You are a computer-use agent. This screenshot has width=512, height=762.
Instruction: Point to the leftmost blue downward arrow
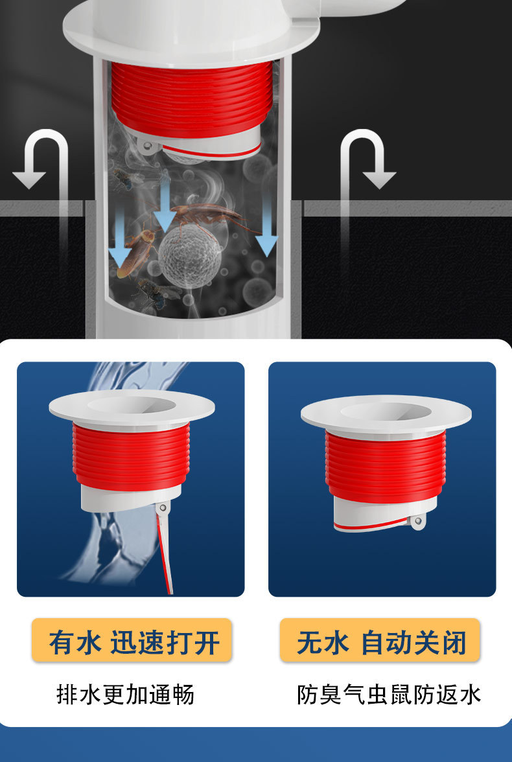(x=119, y=238)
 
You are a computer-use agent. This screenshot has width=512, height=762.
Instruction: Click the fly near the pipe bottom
(x=155, y=294)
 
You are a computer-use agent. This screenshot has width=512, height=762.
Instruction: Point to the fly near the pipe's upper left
(x=126, y=179)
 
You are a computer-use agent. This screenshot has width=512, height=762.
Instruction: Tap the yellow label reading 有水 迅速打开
(x=132, y=640)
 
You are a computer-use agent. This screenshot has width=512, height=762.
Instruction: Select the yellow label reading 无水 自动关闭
(x=380, y=640)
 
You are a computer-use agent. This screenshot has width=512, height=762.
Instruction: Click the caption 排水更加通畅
(x=126, y=695)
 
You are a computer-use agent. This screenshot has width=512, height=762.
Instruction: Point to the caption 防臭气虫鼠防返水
(x=389, y=695)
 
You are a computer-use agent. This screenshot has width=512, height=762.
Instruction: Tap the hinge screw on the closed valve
(x=418, y=522)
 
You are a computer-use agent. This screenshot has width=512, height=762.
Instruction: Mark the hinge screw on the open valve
(x=163, y=508)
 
